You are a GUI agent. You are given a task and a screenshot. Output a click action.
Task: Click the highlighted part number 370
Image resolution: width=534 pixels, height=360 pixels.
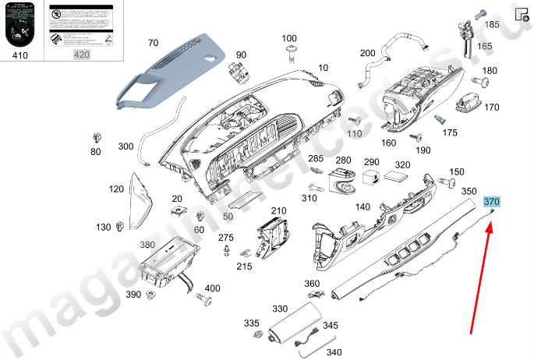click(x=491, y=202)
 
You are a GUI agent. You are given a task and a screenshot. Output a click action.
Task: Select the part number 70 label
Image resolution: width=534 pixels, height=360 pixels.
click(x=153, y=42)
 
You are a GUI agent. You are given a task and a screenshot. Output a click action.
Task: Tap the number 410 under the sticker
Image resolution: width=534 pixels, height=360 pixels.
click(x=23, y=55)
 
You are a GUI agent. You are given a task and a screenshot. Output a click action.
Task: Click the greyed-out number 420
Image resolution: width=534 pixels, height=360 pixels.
click(x=81, y=55)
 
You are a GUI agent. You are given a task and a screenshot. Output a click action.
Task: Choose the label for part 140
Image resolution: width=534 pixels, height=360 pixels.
click(x=362, y=206)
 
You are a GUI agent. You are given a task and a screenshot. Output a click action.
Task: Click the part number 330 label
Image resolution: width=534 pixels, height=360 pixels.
click(x=280, y=309)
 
